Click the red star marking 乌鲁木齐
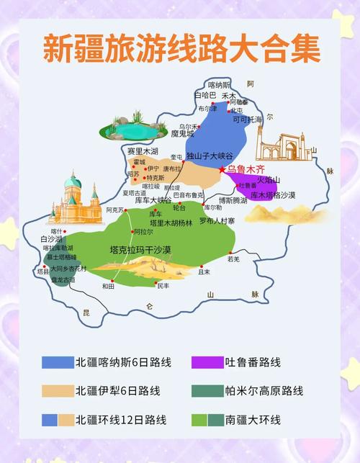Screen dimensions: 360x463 [222, 169]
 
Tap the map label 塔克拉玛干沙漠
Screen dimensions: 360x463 [140, 250]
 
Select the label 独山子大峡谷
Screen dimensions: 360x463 [210, 156]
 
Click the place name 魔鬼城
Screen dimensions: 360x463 [184, 134]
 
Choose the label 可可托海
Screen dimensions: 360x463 [247, 120]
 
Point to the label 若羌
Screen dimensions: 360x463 [233, 259]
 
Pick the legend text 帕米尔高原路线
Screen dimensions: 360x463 [264, 391]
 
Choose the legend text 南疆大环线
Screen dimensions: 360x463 [253, 420]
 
